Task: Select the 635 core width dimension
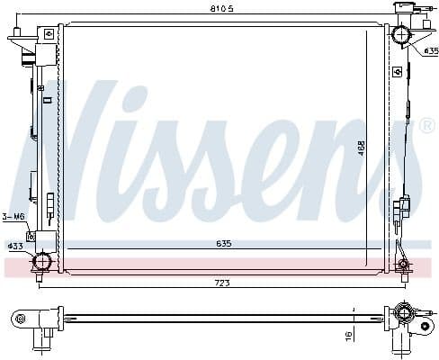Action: tap(222, 242)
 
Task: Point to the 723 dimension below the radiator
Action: tap(220, 283)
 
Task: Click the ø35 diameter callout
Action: tap(429, 50)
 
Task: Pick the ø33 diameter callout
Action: tap(14, 246)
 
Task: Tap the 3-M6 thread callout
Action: tap(13, 216)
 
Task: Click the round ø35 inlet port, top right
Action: tap(399, 36)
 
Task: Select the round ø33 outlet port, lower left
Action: tap(40, 263)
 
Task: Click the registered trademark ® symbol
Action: tap(427, 126)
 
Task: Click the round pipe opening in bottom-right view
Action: tap(403, 314)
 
